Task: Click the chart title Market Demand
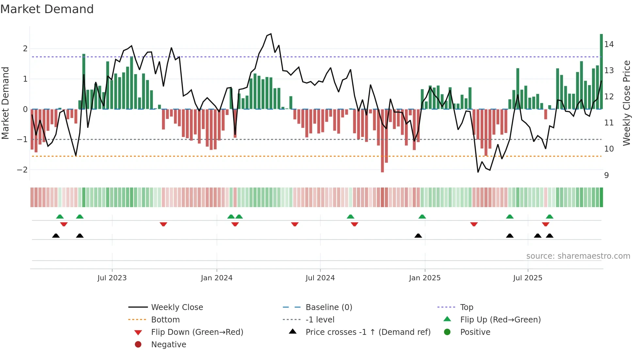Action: [47, 9]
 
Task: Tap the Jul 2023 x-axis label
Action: [112, 278]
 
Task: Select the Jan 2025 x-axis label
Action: [424, 278]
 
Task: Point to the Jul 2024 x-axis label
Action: [320, 278]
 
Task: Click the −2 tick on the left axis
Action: [22, 170]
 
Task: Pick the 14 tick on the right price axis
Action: [609, 44]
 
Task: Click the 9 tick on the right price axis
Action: [606, 175]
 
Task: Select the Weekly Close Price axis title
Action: [626, 103]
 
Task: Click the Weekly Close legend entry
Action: [177, 307]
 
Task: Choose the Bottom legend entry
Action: [165, 320]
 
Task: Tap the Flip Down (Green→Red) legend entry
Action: [197, 332]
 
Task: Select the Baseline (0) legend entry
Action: [328, 307]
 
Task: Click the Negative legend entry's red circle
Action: [138, 345]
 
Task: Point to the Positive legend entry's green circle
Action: [447, 332]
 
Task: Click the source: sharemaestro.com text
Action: [578, 256]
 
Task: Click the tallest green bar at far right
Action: [601, 72]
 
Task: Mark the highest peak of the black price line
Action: [271, 34]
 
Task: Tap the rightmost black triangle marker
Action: [550, 236]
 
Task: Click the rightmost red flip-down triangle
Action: [545, 224]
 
